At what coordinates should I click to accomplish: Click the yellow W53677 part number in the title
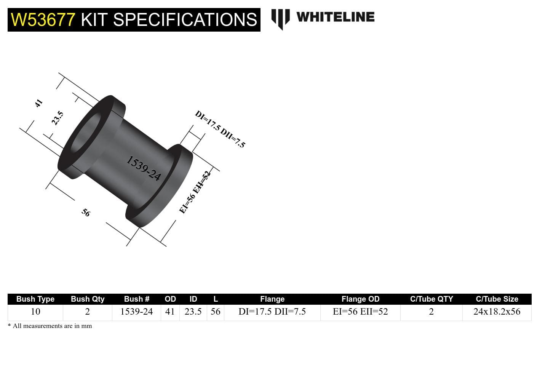pyautogui.click(x=43, y=19)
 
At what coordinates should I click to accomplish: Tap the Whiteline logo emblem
pyautogui.click(x=280, y=19)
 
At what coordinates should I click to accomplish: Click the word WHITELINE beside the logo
pyautogui.click(x=335, y=17)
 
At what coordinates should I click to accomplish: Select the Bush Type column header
pyautogui.click(x=35, y=299)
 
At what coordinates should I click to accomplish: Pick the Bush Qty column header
pyautogui.click(x=88, y=299)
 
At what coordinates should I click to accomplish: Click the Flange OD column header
pyautogui.click(x=360, y=299)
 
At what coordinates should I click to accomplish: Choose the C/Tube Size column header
pyautogui.click(x=497, y=299)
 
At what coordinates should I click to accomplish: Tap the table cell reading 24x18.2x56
pyautogui.click(x=497, y=312)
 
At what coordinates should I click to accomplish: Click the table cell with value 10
pyautogui.click(x=35, y=312)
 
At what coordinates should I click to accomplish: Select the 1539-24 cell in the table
pyautogui.click(x=136, y=312)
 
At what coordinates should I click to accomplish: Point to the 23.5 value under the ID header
pyautogui.click(x=193, y=312)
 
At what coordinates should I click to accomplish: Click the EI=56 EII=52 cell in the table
pyautogui.click(x=360, y=312)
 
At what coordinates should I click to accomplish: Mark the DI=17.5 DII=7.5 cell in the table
pyautogui.click(x=272, y=312)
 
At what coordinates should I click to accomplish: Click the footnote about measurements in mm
pyautogui.click(x=50, y=326)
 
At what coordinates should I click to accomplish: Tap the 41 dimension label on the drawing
pyautogui.click(x=38, y=103)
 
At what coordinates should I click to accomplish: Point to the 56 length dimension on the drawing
pyautogui.click(x=86, y=213)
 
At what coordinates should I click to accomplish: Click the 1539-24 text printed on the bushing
pyautogui.click(x=144, y=168)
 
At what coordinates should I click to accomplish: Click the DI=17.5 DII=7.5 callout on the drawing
pyautogui.click(x=220, y=129)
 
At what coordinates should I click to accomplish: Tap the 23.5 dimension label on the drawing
pyautogui.click(x=58, y=118)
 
